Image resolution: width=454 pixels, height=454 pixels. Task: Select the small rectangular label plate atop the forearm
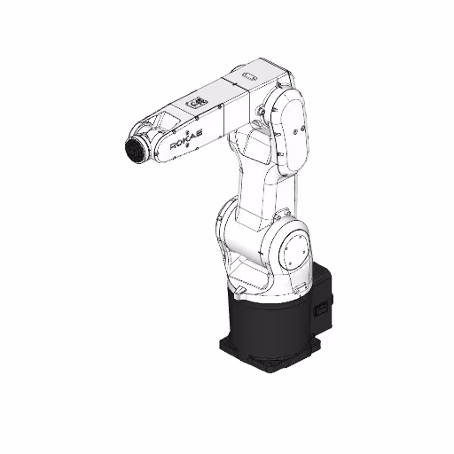pos(197,103)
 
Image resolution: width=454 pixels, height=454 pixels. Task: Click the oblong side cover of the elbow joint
pos(290,130)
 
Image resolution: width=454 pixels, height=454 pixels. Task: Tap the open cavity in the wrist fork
pos(160,120)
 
